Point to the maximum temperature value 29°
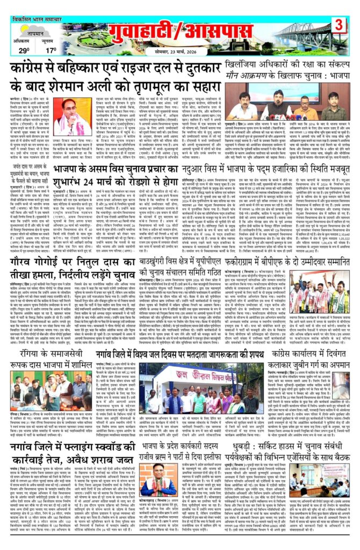pos(24,50)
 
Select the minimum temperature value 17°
pos(50,50)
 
